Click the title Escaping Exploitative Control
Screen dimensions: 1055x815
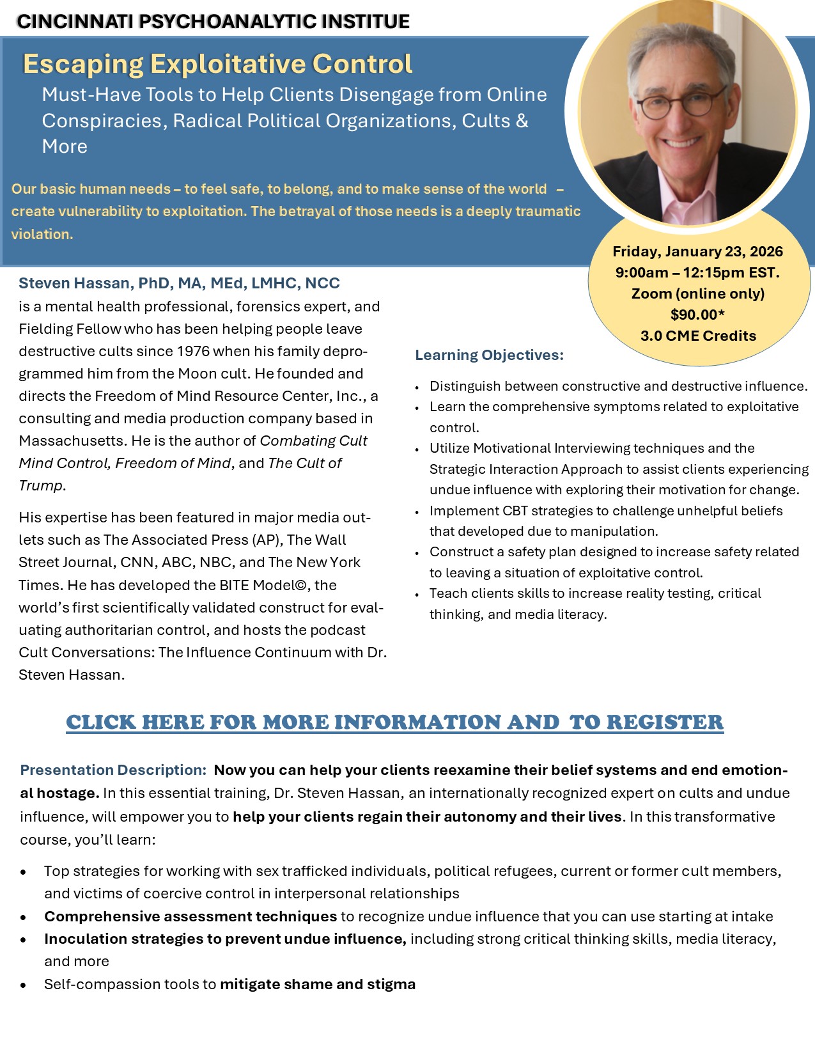coord(217,64)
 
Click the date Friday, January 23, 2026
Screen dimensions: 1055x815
coord(697,251)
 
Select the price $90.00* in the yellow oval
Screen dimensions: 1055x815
coord(697,315)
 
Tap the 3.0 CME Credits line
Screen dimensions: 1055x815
coord(698,336)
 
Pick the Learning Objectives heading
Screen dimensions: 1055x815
coord(489,355)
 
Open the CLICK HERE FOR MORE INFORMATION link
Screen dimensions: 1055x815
coord(394,722)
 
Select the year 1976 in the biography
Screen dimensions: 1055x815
coord(192,351)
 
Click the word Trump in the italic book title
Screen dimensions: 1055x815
coord(41,485)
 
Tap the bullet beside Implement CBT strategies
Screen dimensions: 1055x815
coord(417,512)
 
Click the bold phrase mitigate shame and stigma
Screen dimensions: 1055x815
coord(318,984)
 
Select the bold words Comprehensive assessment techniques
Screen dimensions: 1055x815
coord(190,916)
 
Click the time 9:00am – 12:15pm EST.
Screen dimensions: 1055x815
coord(697,272)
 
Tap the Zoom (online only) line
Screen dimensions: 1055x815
coord(697,293)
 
